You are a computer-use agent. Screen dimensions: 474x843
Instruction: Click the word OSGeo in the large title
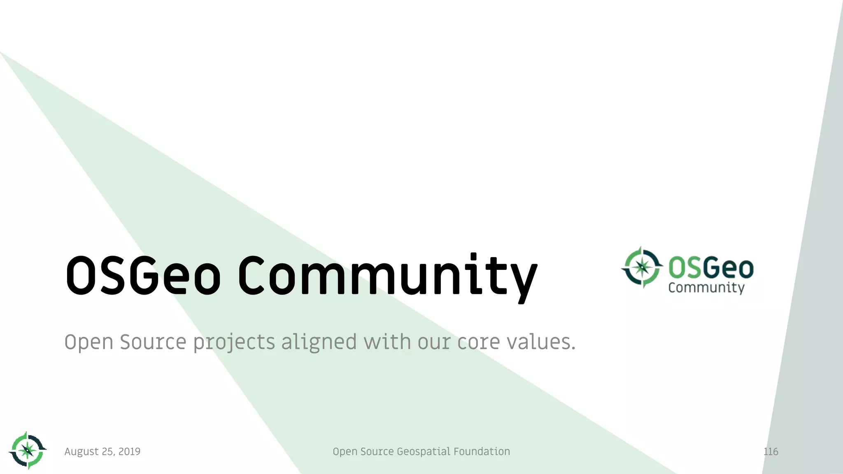(143, 275)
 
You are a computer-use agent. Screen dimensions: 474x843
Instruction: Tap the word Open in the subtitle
(88, 342)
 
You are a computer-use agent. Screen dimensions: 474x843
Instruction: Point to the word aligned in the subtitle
(319, 342)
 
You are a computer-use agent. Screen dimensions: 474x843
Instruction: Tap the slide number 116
(771, 451)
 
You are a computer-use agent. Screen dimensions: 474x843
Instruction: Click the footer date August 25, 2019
(102, 452)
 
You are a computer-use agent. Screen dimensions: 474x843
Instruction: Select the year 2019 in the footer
(129, 451)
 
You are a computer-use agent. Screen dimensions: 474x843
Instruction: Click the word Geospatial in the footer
(423, 452)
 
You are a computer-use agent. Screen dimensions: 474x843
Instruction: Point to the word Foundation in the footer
(482, 451)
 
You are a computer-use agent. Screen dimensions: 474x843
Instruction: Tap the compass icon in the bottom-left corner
(28, 451)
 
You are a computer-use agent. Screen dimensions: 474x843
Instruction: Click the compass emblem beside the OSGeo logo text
(642, 267)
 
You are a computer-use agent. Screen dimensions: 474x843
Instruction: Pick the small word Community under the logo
(706, 288)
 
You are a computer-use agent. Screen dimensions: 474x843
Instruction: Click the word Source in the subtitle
(153, 342)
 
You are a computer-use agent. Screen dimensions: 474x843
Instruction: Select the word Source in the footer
(377, 451)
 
